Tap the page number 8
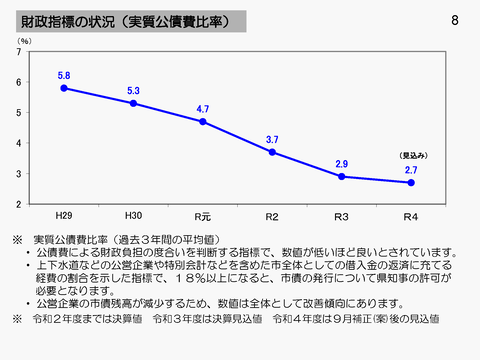click(455, 20)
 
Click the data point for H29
click(63, 88)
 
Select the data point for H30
click(133, 103)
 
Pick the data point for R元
click(202, 121)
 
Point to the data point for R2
click(272, 152)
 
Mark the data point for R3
click(341, 176)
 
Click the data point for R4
click(410, 182)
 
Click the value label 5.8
click(63, 76)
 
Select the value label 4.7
click(202, 109)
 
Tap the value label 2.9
click(341, 164)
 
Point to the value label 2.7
click(410, 170)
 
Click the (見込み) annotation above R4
click(413, 156)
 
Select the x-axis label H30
click(133, 215)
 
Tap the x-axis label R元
click(202, 215)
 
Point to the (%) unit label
click(22, 41)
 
